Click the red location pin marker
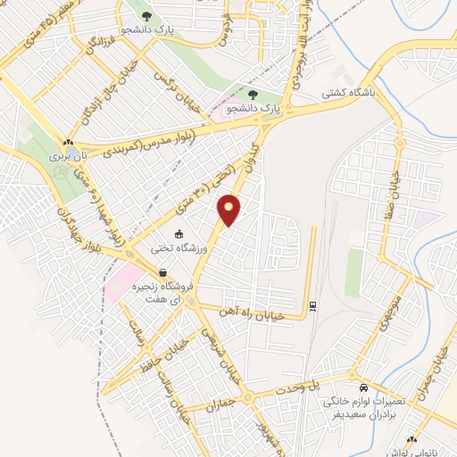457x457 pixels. [x=229, y=210]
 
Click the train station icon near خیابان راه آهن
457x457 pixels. [x=312, y=306]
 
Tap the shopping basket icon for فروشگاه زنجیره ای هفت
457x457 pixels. [x=162, y=274]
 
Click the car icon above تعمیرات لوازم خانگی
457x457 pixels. [x=363, y=388]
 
